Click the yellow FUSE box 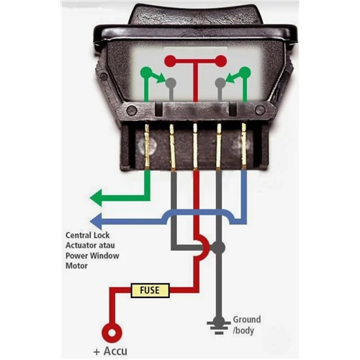(150, 290)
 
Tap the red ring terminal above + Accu (112, 333)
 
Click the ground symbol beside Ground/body (218, 325)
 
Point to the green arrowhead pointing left (96, 198)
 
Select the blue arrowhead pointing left (96, 221)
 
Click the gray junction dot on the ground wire (218, 248)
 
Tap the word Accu (115, 351)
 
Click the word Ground (247, 320)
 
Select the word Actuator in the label (81, 246)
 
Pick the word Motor (76, 266)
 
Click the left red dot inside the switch (170, 61)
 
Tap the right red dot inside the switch (221, 61)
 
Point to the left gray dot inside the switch (171, 83)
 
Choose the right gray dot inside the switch (220, 83)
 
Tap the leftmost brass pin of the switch (147, 145)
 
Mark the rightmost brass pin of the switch (244, 145)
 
